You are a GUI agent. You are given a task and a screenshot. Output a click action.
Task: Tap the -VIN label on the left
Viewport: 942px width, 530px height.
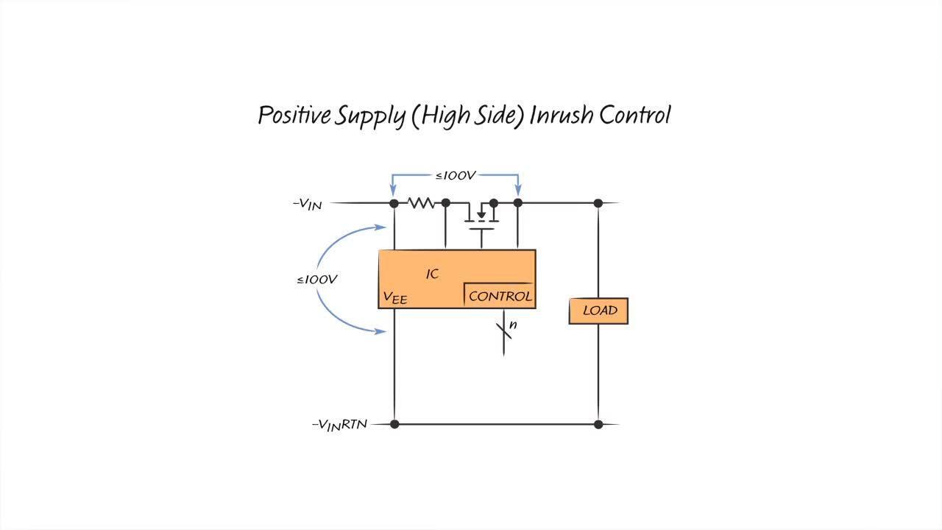pyautogui.click(x=308, y=204)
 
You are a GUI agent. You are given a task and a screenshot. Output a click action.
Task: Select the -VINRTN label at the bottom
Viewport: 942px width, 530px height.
pyautogui.click(x=339, y=425)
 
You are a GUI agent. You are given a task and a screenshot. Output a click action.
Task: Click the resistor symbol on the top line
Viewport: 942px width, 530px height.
pyautogui.click(x=421, y=202)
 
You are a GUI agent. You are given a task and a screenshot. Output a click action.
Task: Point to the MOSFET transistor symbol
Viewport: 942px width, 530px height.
pyautogui.click(x=481, y=216)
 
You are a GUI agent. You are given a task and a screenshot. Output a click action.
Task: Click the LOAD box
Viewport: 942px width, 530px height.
pyautogui.click(x=598, y=311)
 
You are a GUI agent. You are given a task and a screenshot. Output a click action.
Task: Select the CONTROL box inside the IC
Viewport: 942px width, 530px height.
pyautogui.click(x=500, y=296)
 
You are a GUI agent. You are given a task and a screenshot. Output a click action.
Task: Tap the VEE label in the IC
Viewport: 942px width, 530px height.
pyautogui.click(x=394, y=297)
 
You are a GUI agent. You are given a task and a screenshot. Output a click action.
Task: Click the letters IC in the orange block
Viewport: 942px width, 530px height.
pyautogui.click(x=433, y=274)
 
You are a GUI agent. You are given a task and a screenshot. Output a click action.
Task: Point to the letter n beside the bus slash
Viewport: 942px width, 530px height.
pyautogui.click(x=513, y=325)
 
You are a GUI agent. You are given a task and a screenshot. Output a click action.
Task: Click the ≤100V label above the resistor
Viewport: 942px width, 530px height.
pyautogui.click(x=456, y=175)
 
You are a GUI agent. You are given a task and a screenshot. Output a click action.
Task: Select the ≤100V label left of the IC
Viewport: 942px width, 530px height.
pyautogui.click(x=317, y=280)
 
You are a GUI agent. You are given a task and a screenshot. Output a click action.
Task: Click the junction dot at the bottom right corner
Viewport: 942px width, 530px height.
pyautogui.click(x=598, y=424)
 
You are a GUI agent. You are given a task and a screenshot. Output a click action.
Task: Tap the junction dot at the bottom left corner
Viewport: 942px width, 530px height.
pyautogui.click(x=394, y=424)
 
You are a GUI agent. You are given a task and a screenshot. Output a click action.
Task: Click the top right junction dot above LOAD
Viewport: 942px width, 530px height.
pyautogui.click(x=598, y=202)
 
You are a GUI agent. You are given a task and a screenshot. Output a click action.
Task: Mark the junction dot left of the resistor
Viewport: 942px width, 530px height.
pyautogui.click(x=394, y=202)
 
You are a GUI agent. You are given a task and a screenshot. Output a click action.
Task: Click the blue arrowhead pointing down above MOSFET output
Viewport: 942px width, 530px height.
pyautogui.click(x=518, y=190)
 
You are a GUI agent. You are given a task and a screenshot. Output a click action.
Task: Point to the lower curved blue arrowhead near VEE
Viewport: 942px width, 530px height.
pyautogui.click(x=380, y=331)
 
